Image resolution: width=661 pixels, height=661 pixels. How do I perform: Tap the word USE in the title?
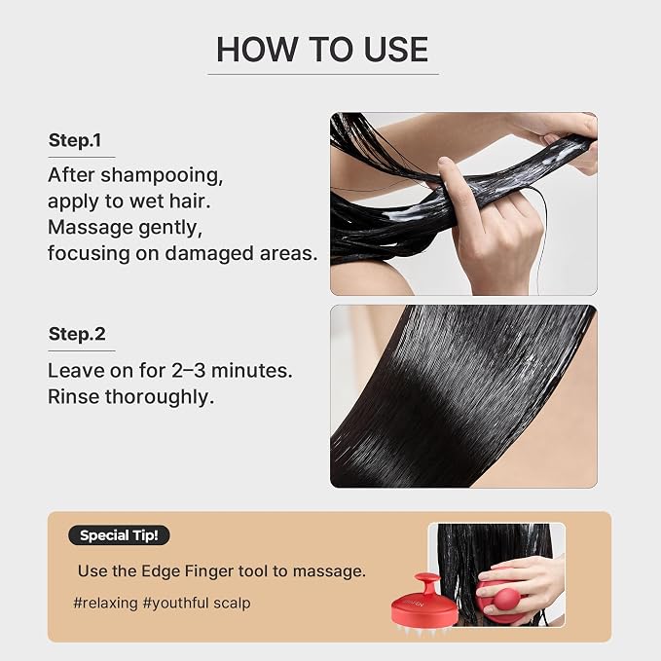pos(396,50)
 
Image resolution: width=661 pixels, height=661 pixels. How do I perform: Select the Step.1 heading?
pos(75,140)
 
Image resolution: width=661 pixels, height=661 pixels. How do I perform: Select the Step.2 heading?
pos(77,334)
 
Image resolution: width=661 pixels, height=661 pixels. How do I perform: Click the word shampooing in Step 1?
pos(162,176)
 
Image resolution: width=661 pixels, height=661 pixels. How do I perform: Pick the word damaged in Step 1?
pos(209,254)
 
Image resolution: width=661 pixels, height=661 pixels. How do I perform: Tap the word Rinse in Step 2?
pos(74,396)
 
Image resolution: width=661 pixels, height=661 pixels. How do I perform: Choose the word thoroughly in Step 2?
pos(160,397)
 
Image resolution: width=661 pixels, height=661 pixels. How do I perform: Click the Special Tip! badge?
pos(119,535)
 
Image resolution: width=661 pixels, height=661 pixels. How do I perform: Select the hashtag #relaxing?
pos(105,604)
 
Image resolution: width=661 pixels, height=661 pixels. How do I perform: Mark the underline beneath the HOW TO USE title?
pos(323,75)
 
